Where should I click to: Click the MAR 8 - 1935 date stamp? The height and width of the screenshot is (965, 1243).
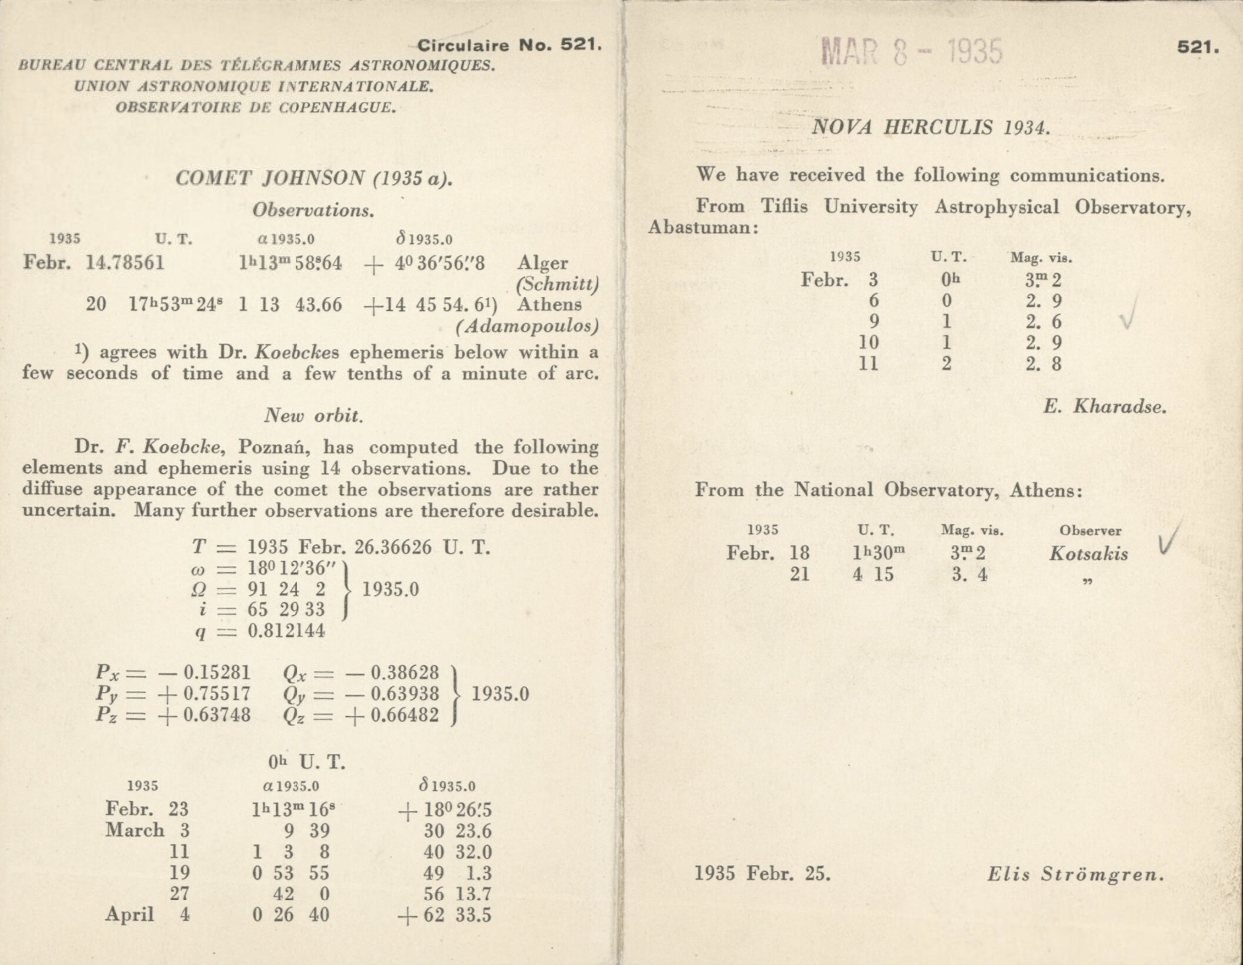point(912,52)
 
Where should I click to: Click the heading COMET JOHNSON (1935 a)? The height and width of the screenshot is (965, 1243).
point(314,178)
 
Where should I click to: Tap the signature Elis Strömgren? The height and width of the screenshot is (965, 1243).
point(1076,874)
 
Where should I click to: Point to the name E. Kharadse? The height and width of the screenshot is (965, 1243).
point(1105,407)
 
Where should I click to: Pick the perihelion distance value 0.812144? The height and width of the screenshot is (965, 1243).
point(286,631)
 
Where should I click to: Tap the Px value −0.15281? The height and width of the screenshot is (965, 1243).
point(204,673)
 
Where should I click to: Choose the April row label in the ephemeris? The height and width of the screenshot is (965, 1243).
point(130,914)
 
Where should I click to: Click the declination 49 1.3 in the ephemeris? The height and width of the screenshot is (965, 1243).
point(457,873)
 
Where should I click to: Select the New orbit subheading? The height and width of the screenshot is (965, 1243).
point(313,416)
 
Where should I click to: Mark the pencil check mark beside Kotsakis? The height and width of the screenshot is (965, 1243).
point(1169,539)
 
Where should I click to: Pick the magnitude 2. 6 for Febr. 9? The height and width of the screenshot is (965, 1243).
point(1043,322)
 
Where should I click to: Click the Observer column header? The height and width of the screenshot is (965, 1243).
point(1090,531)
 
